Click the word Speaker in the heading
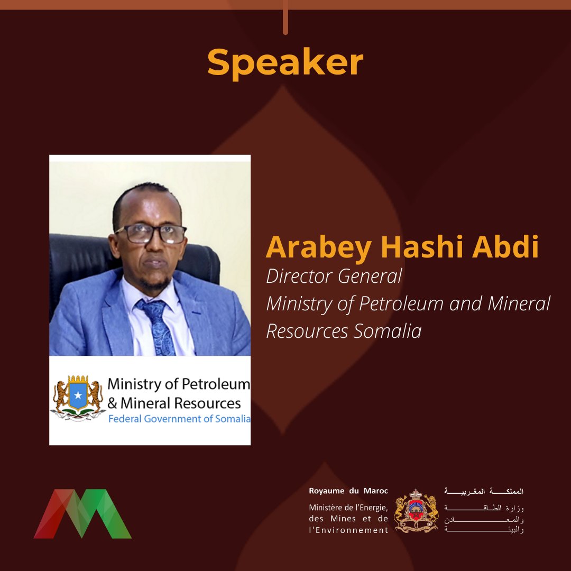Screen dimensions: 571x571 (285, 63)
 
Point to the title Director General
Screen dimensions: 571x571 (334, 276)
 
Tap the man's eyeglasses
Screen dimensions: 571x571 (151, 233)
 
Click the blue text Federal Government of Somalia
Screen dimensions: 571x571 (179, 419)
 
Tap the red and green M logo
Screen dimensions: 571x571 (82, 514)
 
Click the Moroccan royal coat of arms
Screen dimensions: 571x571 (417, 511)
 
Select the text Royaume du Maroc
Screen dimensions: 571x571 (348, 491)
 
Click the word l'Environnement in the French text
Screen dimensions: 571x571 (348, 530)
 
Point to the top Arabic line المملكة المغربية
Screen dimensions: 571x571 (484, 491)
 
